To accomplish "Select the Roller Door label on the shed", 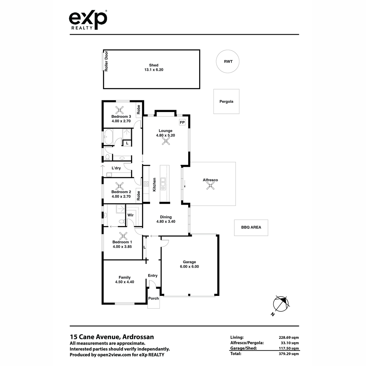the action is click(x=106, y=61).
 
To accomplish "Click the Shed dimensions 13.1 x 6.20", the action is click(x=154, y=70).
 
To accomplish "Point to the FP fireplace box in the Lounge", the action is click(x=182, y=122).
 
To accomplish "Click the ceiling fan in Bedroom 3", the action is click(x=120, y=110).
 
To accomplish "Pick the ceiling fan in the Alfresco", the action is click(x=210, y=186).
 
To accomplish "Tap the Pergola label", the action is click(x=226, y=102).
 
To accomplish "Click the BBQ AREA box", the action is click(x=251, y=228).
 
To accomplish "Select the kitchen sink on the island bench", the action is click(x=163, y=184).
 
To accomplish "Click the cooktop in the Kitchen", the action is click(x=146, y=184).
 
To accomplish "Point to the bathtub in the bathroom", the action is click(x=108, y=137).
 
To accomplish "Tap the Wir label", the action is click(x=131, y=215).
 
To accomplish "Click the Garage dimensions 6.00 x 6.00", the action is click(x=189, y=267).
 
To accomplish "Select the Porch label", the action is click(x=153, y=298).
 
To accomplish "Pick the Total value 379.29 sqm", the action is click(x=289, y=354).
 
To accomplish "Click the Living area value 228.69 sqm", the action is click(x=289, y=338).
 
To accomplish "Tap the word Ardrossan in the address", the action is click(x=138, y=337).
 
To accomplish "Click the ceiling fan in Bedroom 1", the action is click(x=123, y=236).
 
